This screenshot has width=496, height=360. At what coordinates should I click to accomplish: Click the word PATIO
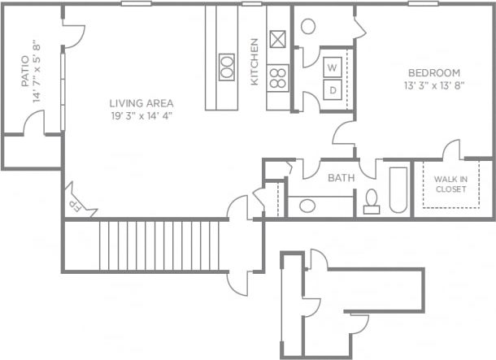24,72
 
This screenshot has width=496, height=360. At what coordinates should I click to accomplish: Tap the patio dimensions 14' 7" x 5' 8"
37,72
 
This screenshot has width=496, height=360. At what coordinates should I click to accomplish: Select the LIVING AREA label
141,103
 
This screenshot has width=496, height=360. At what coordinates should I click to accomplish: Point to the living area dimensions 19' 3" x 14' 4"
141,115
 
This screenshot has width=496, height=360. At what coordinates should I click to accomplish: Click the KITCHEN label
254,63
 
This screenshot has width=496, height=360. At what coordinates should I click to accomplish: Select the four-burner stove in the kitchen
278,77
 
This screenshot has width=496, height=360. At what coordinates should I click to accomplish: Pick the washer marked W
333,67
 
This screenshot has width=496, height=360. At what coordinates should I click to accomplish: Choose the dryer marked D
333,89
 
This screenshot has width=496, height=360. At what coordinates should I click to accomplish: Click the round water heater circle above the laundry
308,25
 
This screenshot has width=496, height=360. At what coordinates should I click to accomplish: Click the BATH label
339,177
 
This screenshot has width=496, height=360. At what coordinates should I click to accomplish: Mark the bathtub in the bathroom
398,190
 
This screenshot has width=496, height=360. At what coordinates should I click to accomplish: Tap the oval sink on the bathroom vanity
308,205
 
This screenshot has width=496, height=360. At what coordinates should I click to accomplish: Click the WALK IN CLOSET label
450,184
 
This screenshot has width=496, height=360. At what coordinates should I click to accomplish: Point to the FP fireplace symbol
72,202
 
